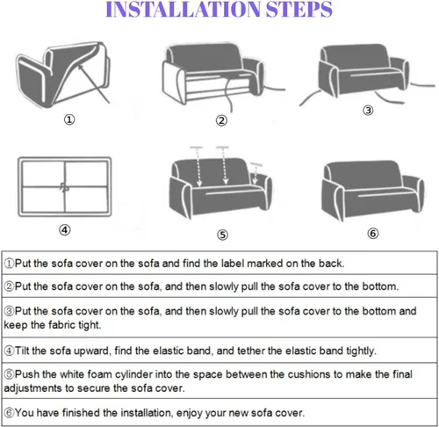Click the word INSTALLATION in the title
[x=183, y=10]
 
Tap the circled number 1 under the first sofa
[x=69, y=119]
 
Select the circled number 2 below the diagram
[x=221, y=120]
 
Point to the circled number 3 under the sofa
[x=368, y=111]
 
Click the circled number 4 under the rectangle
[x=65, y=229]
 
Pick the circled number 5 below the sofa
[x=222, y=235]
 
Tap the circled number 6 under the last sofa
[x=373, y=234]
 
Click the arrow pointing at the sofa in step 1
[x=94, y=83]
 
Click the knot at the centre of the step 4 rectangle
[x=64, y=187]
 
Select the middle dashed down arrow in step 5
[x=224, y=166]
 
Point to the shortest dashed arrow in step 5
[x=255, y=173]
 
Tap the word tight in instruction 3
[x=89, y=325]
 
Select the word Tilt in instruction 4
[x=22, y=351]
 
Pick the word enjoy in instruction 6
[x=190, y=413]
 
